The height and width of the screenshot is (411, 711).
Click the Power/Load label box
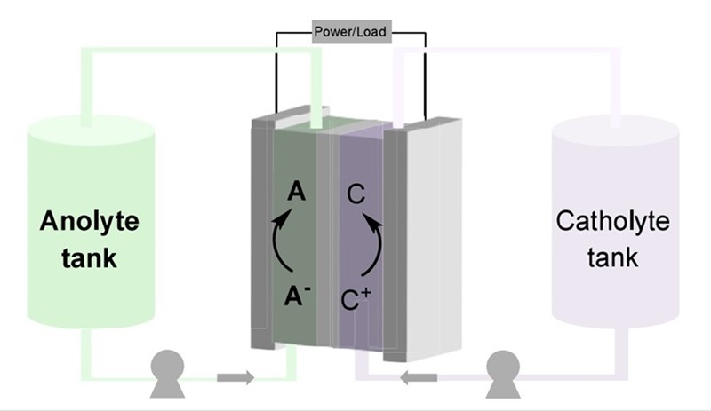[348, 34]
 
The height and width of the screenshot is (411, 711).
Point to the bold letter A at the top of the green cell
[297, 191]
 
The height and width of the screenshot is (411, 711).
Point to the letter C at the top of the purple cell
[355, 192]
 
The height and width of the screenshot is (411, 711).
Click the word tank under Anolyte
[89, 259]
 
